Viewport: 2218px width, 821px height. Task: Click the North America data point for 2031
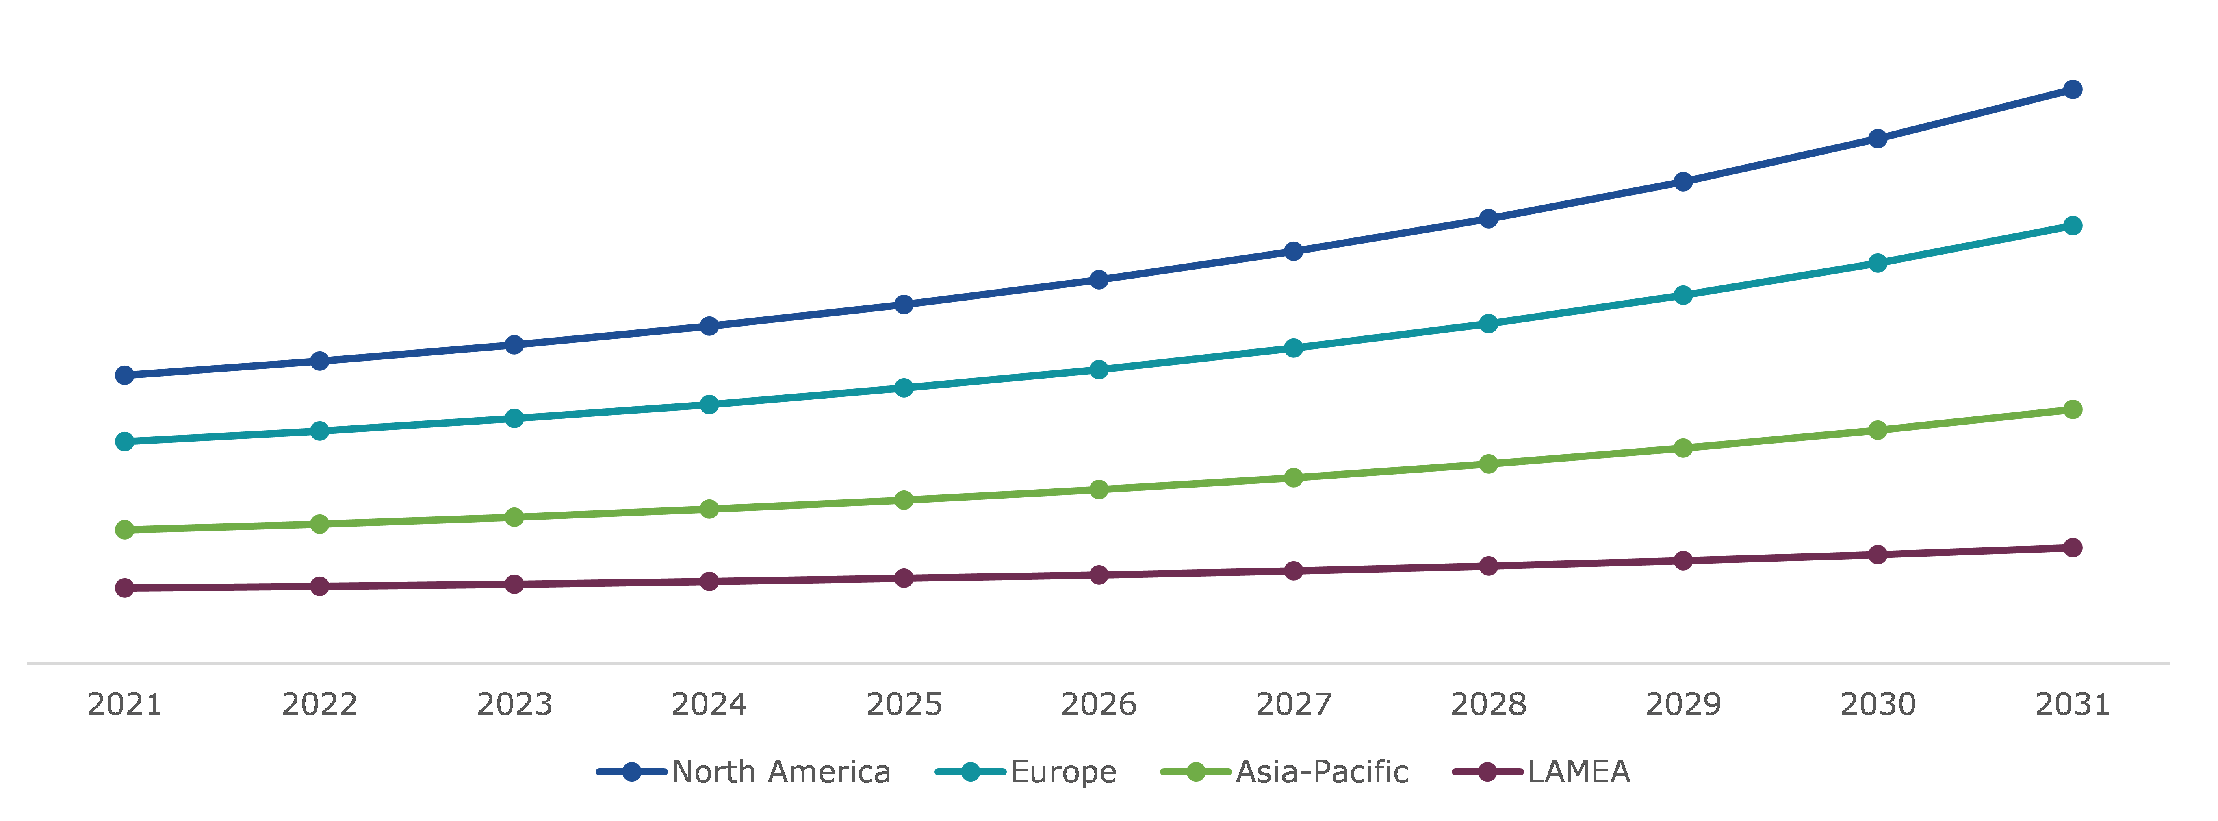[x=2073, y=89]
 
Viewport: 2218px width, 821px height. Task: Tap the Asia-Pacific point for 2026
[x=1099, y=489]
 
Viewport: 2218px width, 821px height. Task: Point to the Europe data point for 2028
[x=1488, y=324]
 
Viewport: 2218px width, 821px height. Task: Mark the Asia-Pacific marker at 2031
[x=2073, y=409]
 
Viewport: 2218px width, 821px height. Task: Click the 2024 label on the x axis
[x=709, y=705]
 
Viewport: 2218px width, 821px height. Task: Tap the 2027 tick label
[x=1293, y=705]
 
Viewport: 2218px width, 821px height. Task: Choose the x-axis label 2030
[x=1878, y=705]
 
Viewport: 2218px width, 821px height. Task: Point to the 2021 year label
[x=125, y=705]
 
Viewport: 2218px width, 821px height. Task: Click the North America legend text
[x=781, y=772]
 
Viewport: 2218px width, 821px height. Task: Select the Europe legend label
[x=1063, y=772]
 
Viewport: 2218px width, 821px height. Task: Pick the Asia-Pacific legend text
[x=1322, y=772]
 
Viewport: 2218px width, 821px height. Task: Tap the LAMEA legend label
[x=1579, y=772]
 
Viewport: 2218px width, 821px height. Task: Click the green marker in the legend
[x=1196, y=772]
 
